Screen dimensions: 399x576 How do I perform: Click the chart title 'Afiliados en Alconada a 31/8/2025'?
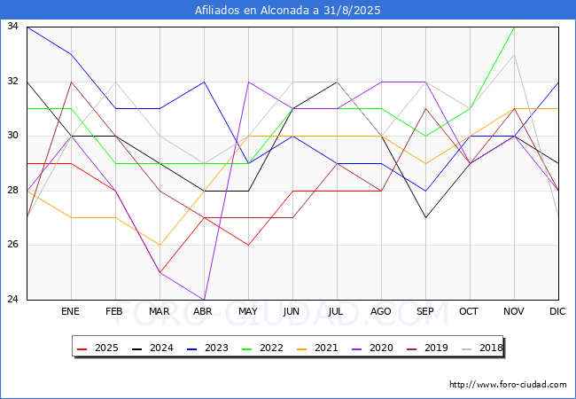(288, 10)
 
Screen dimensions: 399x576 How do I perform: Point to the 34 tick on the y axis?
(13, 27)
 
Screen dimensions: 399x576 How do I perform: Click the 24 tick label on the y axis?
(13, 300)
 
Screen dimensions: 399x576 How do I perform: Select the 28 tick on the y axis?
(13, 191)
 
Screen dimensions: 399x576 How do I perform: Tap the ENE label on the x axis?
(71, 312)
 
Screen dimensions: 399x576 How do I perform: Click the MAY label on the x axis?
(248, 312)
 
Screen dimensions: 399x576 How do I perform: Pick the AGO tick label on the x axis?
(381, 312)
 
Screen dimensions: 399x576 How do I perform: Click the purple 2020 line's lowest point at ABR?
(204, 300)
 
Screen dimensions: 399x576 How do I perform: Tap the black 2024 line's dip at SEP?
(425, 217)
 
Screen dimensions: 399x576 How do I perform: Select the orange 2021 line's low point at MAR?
(160, 245)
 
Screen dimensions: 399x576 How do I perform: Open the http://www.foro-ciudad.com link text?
(508, 385)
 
